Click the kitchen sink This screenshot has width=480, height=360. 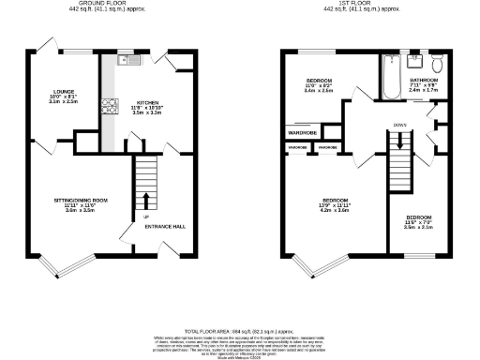(128, 61)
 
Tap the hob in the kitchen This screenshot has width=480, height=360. (110, 104)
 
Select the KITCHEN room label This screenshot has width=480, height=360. (148, 104)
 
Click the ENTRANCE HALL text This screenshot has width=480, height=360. (164, 225)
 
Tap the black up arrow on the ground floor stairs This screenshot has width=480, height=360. (145, 200)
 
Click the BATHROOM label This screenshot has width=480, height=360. (424, 81)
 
